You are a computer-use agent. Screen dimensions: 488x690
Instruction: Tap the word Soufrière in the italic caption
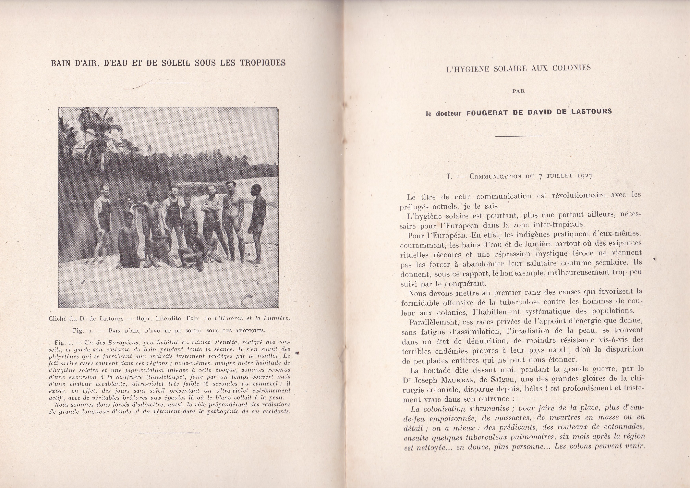135,377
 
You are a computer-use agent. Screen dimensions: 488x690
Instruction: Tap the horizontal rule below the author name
519,136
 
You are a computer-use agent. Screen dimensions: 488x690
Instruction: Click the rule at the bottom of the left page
170,433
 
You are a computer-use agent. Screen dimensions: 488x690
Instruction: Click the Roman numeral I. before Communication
450,177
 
